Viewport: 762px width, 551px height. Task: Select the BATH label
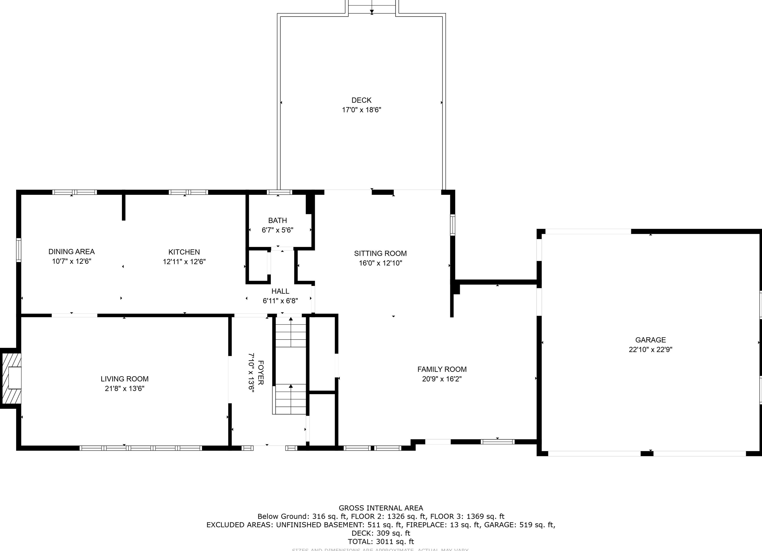pos(277,221)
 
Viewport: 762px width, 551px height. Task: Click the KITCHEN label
pos(184,252)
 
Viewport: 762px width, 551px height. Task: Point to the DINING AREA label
pos(71,252)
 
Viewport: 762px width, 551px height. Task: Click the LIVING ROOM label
pos(124,379)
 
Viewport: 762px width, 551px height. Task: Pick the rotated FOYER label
pos(261,373)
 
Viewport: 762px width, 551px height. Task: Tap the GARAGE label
pos(650,340)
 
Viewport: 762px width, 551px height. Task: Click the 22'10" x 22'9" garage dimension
pos(650,350)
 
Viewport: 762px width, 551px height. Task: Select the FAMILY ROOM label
pos(441,369)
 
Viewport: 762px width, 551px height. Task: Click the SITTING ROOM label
pos(380,253)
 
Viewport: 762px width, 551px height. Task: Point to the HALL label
pos(280,291)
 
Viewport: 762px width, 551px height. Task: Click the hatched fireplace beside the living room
pos(11,378)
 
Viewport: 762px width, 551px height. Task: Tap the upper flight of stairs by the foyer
pos(291,333)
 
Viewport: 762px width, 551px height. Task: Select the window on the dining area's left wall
pos(19,250)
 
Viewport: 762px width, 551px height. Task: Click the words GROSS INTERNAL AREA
pos(380,508)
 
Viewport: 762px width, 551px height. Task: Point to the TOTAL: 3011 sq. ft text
pos(380,542)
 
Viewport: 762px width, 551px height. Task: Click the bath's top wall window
pos(279,192)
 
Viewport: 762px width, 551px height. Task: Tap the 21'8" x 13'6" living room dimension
pos(124,389)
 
